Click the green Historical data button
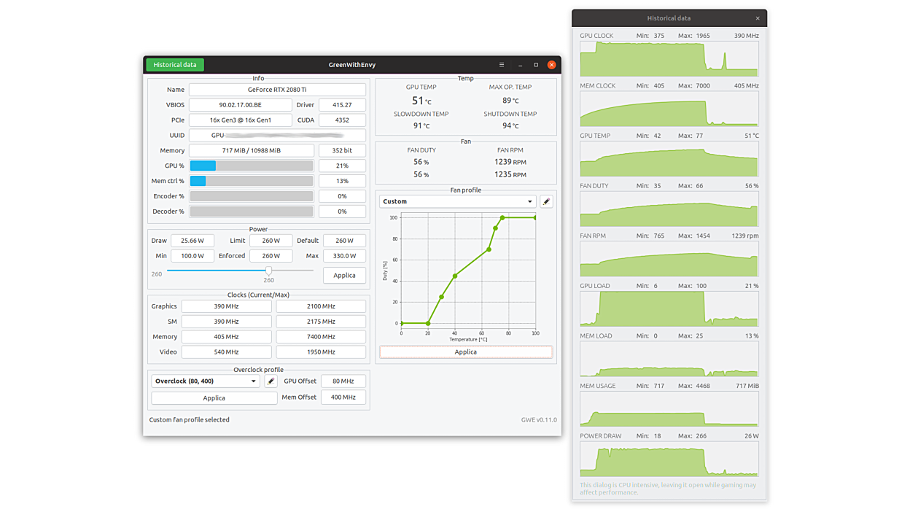[175, 65]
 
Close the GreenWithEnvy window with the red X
[552, 65]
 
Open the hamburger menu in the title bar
[502, 65]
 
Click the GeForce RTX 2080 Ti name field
[277, 90]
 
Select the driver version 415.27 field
[342, 105]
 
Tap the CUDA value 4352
[342, 120]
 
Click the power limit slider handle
[268, 271]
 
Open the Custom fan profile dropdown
[458, 201]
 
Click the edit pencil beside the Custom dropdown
[546, 201]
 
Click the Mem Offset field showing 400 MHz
[343, 397]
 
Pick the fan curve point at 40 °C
[455, 276]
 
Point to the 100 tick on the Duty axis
[394, 217]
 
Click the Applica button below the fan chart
[465, 352]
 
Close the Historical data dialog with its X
[758, 18]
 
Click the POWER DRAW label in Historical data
[601, 436]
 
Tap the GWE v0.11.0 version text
[539, 420]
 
